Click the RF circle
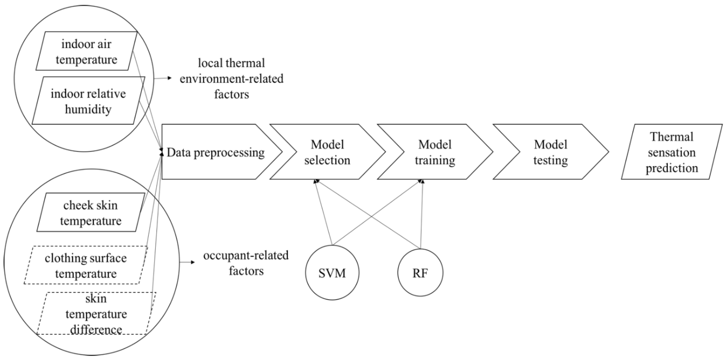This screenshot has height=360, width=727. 420,273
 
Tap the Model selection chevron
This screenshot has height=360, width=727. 327,152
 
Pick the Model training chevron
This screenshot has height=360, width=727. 435,152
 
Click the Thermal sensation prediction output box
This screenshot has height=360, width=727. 672,152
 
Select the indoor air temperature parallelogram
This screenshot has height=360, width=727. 86,52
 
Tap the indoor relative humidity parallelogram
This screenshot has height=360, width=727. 88,101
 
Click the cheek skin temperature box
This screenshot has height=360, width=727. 90,213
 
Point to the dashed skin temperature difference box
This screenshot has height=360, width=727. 96,314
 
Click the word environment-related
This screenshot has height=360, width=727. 232,79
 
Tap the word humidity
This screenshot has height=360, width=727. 88,109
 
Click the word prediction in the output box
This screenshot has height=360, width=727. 672,169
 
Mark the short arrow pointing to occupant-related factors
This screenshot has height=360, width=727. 187,262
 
